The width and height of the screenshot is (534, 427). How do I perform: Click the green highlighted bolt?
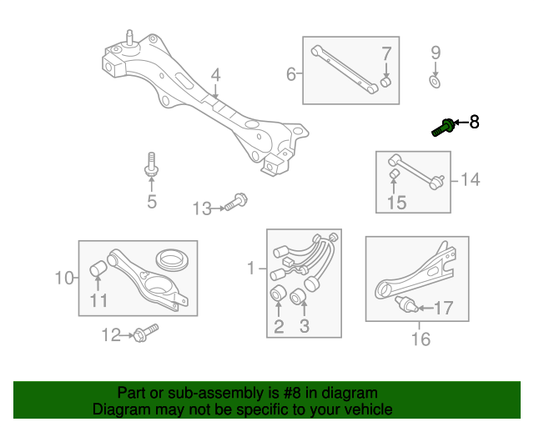[x=443, y=128]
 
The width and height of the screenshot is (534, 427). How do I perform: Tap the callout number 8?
[x=474, y=122]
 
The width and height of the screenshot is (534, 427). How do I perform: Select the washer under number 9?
[x=435, y=82]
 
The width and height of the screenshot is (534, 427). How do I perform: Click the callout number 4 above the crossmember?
[x=215, y=75]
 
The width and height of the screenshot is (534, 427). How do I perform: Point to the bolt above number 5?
[x=152, y=164]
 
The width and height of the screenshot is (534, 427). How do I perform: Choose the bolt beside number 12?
[x=147, y=333]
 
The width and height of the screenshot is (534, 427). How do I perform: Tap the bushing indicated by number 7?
[x=385, y=82]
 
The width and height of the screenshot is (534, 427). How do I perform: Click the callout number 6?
[x=291, y=74]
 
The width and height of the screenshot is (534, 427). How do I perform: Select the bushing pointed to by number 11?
[x=98, y=269]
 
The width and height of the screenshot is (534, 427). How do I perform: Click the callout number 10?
[x=64, y=278]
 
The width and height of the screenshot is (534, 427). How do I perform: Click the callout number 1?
[x=251, y=268]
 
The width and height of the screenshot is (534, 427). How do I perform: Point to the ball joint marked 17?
[x=406, y=304]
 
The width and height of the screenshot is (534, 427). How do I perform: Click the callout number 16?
[x=421, y=339]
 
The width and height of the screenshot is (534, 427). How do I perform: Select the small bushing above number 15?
[x=394, y=173]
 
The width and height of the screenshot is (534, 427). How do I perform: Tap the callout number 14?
[x=471, y=179]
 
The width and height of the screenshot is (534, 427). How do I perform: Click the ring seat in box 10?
[x=173, y=260]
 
